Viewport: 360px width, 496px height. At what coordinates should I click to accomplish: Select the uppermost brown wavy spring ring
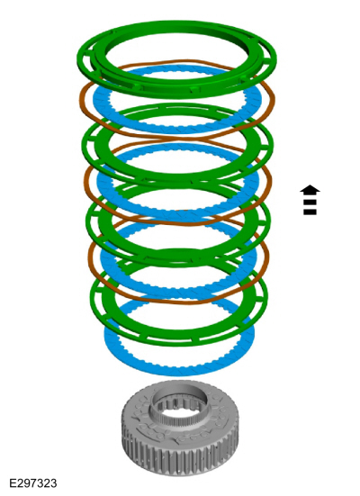[x=82, y=101]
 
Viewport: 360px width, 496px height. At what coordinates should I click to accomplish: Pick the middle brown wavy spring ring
[x=86, y=184]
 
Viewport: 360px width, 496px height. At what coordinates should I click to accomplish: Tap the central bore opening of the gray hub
[x=180, y=404]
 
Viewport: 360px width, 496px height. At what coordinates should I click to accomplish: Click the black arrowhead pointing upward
[x=310, y=190]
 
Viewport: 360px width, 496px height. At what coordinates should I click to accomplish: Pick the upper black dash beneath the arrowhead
[x=310, y=202]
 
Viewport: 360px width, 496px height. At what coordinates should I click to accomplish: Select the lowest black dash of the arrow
[x=310, y=212]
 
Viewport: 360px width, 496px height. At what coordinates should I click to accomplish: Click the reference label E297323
[x=33, y=483]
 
